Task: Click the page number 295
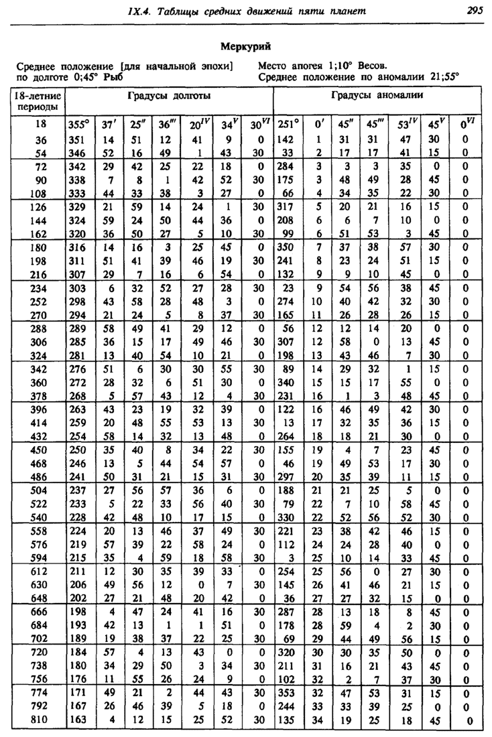pos(475,10)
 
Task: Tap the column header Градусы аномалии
pos(377,96)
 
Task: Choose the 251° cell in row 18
pos(289,125)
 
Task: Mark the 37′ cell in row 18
pos(108,125)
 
